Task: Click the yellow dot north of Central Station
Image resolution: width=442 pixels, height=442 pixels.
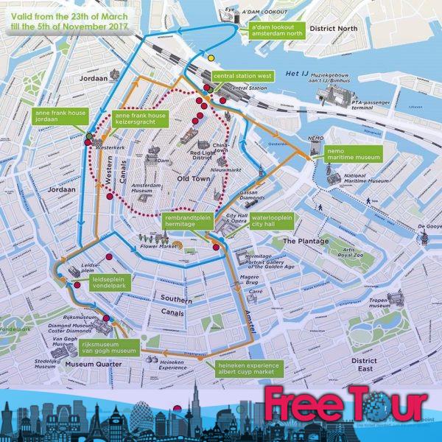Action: pos(211,57)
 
